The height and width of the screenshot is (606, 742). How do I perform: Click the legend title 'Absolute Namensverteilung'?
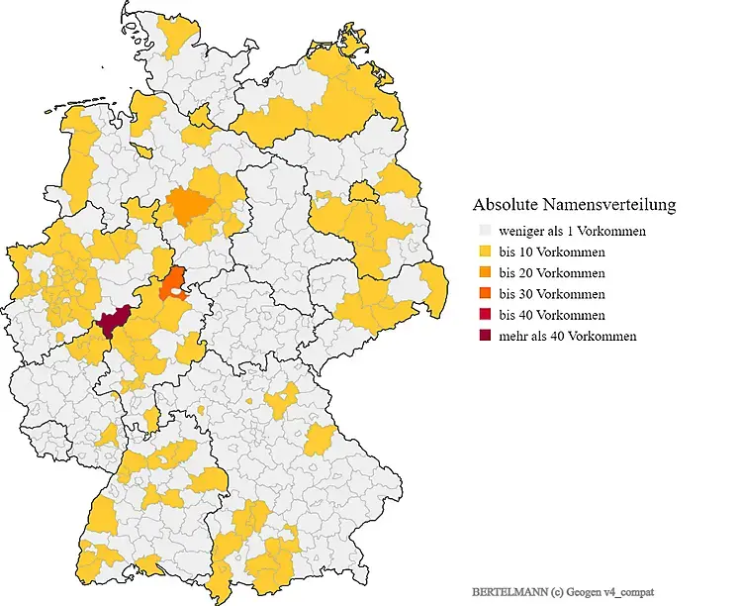574,205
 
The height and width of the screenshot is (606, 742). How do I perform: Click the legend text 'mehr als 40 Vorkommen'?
568,336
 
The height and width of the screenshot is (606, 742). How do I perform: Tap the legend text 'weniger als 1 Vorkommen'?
572,231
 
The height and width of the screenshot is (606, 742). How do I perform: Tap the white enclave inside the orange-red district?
177,291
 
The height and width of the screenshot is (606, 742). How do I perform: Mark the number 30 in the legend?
526,294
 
